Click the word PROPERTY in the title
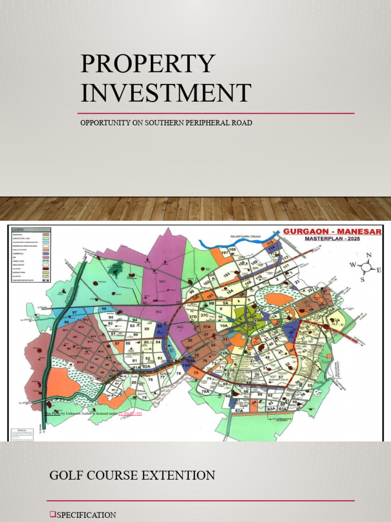148,64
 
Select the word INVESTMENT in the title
165,93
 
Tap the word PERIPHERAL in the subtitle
201,123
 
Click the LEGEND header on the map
19,230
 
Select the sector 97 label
75,312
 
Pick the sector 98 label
104,309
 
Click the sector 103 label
227,274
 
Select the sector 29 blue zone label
291,332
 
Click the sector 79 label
144,397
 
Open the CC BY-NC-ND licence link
130,413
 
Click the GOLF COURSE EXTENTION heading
132,476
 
